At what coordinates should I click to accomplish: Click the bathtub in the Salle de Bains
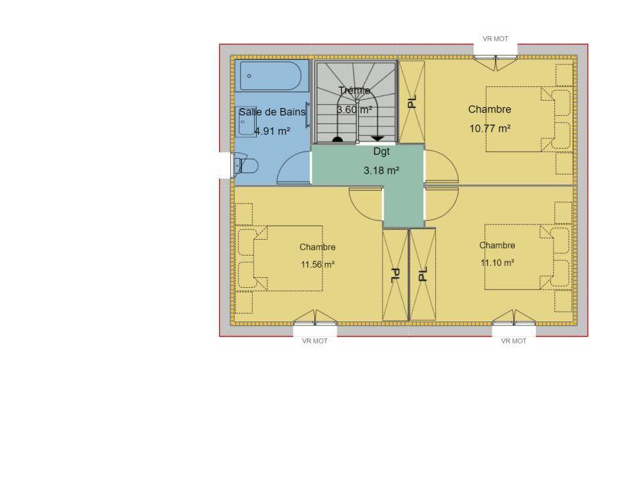[x=271, y=76]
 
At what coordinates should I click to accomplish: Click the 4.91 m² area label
[x=272, y=131]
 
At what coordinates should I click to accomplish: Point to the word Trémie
[x=354, y=90]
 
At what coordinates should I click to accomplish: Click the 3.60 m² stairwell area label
[x=354, y=109]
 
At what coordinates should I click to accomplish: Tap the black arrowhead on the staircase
[x=377, y=138]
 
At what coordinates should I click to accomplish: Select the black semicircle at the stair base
[x=337, y=140]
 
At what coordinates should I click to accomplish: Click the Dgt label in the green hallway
[x=381, y=151]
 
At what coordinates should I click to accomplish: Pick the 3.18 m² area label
[x=381, y=170]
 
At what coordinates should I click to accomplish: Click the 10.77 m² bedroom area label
[x=490, y=128]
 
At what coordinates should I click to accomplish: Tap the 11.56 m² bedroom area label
[x=317, y=265]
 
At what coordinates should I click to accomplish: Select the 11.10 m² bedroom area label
[x=498, y=263]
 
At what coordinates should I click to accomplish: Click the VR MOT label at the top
[x=495, y=39]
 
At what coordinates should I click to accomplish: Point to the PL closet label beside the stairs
[x=411, y=101]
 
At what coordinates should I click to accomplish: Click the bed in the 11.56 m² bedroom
[x=288, y=258]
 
